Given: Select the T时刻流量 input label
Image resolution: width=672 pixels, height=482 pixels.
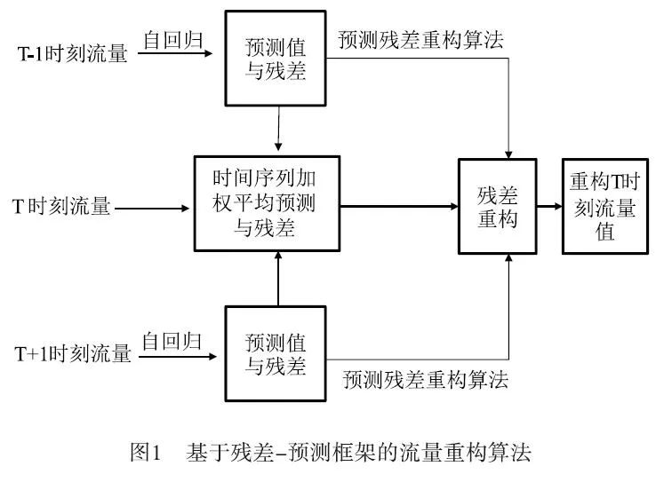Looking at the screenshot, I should point(61,208).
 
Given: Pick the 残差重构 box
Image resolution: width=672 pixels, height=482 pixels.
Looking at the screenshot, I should point(497,208).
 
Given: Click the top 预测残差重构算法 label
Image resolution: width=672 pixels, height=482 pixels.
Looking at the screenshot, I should point(420,40).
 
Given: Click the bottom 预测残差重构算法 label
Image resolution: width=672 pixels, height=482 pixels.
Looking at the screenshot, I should point(426,380).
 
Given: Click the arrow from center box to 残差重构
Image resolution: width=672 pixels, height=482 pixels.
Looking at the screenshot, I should point(397,206).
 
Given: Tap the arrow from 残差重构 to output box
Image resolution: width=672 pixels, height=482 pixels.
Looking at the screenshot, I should point(549,208).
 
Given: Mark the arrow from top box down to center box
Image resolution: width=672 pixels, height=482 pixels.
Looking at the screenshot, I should point(280,129).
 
